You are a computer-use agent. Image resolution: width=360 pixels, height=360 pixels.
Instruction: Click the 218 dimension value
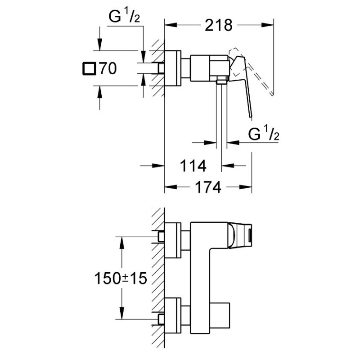pos(219,25)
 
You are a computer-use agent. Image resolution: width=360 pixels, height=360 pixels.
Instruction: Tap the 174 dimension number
pos(208,187)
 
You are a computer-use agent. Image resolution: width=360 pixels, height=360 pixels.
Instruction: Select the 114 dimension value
pos(193,166)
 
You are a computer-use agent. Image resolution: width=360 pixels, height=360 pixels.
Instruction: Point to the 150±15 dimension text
pos(121,278)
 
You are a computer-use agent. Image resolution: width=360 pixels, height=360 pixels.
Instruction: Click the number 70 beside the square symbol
pos(108,68)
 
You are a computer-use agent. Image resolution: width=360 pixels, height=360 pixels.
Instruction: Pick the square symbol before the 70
pos(89,68)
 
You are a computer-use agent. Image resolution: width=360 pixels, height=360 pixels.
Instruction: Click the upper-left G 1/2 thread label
pos(124,17)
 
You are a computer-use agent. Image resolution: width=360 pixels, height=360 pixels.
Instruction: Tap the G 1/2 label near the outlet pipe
pos(264,134)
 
